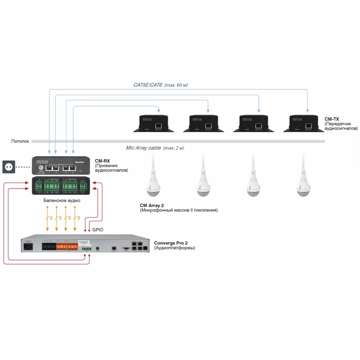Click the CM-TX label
tap(332, 119)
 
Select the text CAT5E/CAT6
tap(148, 85)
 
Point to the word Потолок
tap(20, 141)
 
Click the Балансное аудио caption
tap(62, 199)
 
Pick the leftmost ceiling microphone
tap(153, 184)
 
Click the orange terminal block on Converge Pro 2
tap(67, 247)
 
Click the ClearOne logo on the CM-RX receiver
tap(80, 161)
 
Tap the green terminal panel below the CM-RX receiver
tap(61, 185)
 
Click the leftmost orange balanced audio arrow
tap(47, 218)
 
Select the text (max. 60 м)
tap(176, 85)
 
